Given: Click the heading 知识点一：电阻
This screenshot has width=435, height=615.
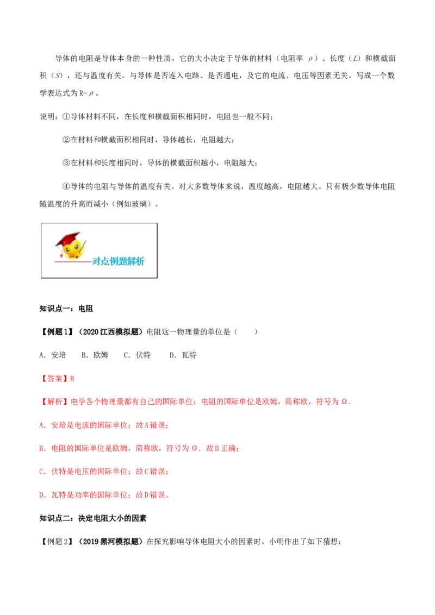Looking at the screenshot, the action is click(x=66, y=309).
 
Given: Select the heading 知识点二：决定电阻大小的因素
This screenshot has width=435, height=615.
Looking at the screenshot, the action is click(x=92, y=518).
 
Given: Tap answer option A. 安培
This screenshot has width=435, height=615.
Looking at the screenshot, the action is click(x=53, y=355).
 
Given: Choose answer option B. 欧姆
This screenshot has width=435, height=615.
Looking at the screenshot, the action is click(x=95, y=355).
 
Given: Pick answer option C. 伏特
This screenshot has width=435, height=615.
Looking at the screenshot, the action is click(x=137, y=355).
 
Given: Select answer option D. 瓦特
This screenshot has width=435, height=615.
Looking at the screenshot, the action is click(x=183, y=355).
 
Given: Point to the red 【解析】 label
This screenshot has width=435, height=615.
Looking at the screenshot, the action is click(x=54, y=401).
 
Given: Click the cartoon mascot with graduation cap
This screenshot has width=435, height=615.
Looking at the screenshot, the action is click(x=70, y=246).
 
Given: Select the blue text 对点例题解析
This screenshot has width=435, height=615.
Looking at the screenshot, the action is click(x=118, y=261).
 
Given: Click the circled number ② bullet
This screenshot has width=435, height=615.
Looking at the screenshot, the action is click(x=66, y=140).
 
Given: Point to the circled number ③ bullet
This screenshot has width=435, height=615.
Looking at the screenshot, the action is click(x=66, y=163).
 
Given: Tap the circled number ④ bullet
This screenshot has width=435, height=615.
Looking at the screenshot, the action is click(x=66, y=186).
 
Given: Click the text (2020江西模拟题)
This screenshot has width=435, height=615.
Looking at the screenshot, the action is click(x=110, y=332).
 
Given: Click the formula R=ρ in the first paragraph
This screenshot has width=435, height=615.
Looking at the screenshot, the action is click(x=86, y=93).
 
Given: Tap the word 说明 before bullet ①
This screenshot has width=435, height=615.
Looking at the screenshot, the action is click(x=47, y=116).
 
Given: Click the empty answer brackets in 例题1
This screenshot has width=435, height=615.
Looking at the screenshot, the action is click(x=246, y=332).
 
